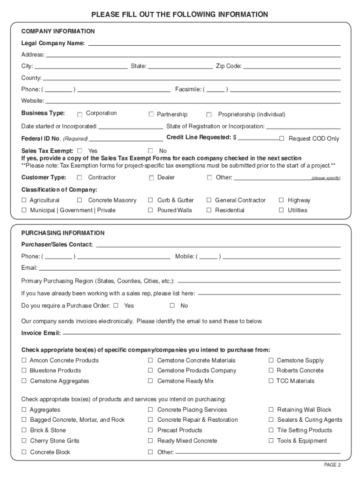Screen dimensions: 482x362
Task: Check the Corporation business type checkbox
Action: (x=80, y=114)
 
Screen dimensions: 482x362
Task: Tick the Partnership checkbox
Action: (x=151, y=114)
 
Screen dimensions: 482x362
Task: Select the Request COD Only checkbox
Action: (x=282, y=138)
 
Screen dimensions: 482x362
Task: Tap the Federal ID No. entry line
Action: (x=126, y=139)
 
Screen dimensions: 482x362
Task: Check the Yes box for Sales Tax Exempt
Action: (x=80, y=151)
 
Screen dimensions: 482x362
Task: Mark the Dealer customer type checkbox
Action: (x=151, y=178)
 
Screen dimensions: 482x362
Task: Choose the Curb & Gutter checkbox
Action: (x=151, y=200)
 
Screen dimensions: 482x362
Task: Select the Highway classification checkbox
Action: (x=281, y=200)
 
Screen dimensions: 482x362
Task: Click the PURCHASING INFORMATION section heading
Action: (x=63, y=233)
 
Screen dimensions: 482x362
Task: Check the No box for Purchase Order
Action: (x=172, y=305)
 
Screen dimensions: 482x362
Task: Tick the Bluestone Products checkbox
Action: (x=24, y=370)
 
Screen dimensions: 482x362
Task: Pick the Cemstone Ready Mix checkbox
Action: (x=151, y=381)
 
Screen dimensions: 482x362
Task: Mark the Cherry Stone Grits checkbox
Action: (x=24, y=441)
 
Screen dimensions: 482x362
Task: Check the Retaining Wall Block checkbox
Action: (x=271, y=410)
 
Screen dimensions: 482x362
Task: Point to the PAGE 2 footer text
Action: (x=332, y=465)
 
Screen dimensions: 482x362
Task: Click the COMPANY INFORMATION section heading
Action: (x=58, y=32)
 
